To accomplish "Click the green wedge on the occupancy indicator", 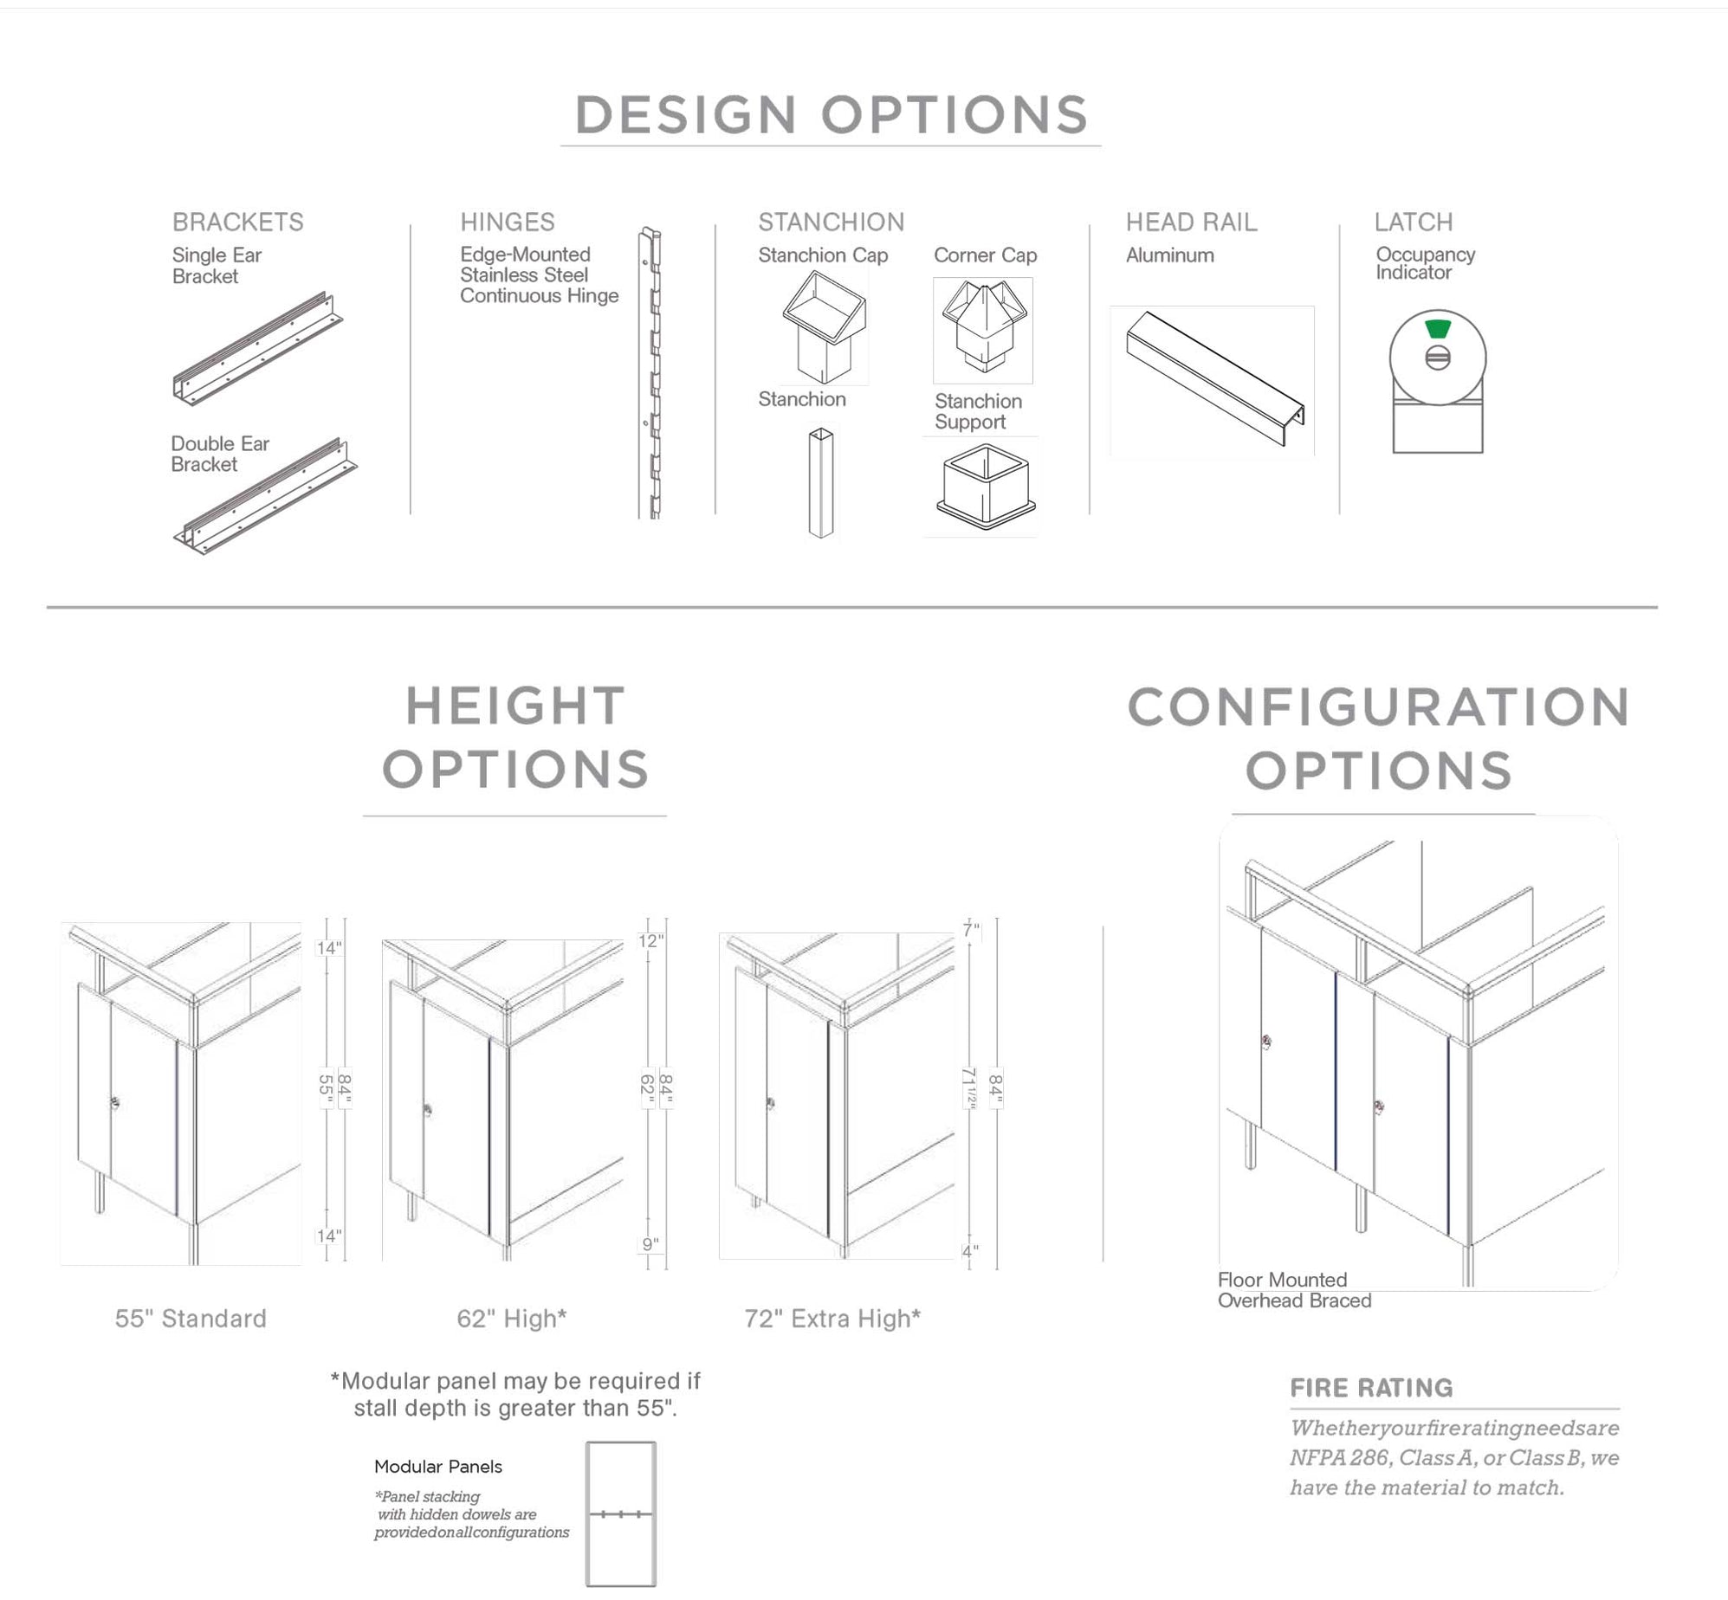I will coord(1438,329).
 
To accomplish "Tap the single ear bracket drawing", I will coord(257,349).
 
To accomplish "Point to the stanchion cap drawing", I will coord(825,327).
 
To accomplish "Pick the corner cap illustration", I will coord(983,329).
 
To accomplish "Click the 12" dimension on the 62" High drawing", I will coord(650,940).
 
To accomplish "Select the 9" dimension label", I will coord(650,1245).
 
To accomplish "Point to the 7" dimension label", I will coord(971,930).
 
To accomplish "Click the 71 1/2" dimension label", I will coord(969,1087).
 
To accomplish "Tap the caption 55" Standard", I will coord(191,1319).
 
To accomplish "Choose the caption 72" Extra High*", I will coord(832,1319).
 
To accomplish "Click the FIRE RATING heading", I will coord(1371,1388).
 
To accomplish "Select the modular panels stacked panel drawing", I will coord(620,1513).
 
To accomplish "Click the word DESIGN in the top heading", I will coord(684,115).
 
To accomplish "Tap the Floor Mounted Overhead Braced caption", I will coord(1294,1290).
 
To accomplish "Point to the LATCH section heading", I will coord(1413,222).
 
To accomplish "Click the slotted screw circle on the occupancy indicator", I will coord(1438,358).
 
